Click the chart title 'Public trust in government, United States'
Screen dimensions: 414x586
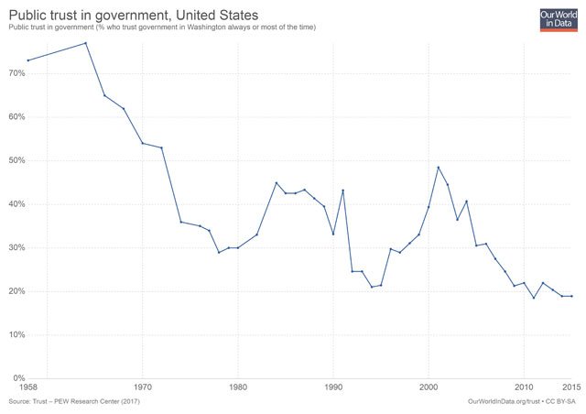(x=134, y=14)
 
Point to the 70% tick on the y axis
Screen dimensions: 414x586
(x=17, y=73)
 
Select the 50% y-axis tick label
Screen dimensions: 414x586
(x=17, y=160)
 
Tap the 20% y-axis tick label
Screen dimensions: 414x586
(x=17, y=291)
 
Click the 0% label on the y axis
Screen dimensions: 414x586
(x=19, y=378)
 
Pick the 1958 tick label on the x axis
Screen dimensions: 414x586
(x=29, y=388)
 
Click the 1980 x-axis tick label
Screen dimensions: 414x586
(x=238, y=388)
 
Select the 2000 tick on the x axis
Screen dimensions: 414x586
(x=429, y=388)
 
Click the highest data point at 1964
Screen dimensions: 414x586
(x=86, y=43)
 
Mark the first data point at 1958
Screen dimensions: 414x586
(x=28, y=60)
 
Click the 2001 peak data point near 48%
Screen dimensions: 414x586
(x=439, y=168)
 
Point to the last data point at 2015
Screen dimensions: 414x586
(x=571, y=296)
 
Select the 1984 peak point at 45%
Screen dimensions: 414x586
(x=277, y=182)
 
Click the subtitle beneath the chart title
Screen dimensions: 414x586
(x=162, y=27)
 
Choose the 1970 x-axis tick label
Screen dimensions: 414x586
(x=143, y=388)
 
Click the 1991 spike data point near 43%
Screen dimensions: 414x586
(x=342, y=191)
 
